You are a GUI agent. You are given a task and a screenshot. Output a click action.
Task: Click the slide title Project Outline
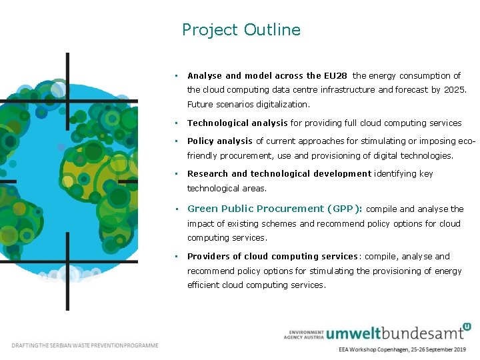click(x=241, y=30)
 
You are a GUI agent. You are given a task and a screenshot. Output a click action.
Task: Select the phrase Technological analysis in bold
click(x=237, y=123)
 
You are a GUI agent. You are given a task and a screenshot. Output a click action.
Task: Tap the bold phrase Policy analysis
click(x=220, y=141)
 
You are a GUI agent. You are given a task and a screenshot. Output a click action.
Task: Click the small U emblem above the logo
click(x=467, y=326)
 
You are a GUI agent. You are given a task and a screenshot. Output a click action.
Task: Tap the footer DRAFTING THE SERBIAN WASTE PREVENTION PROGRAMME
click(x=85, y=345)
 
